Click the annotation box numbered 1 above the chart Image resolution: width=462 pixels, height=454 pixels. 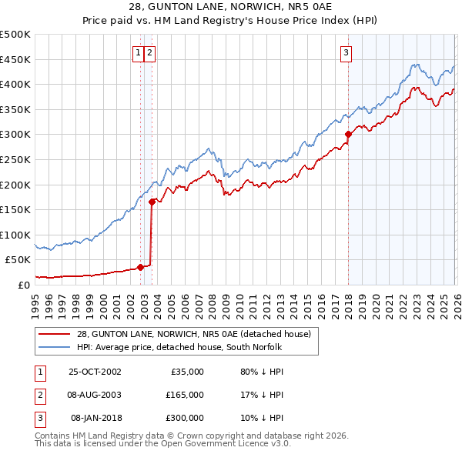click(x=138, y=53)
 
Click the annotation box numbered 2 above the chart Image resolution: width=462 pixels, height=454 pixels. click(x=149, y=53)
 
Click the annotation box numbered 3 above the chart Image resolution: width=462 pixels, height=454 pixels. click(x=346, y=53)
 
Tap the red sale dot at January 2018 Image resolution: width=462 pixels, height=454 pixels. click(x=348, y=134)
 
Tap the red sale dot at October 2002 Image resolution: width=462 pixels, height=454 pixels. click(x=141, y=267)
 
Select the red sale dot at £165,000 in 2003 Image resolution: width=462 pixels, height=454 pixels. click(x=152, y=202)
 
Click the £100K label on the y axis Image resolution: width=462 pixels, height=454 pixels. click(x=15, y=235)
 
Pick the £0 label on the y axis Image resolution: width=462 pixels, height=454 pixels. click(x=22, y=285)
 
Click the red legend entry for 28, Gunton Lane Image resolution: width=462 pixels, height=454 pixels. click(x=193, y=334)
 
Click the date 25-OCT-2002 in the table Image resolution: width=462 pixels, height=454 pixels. click(x=95, y=371)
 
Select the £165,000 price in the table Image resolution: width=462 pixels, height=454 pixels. click(x=185, y=395)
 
